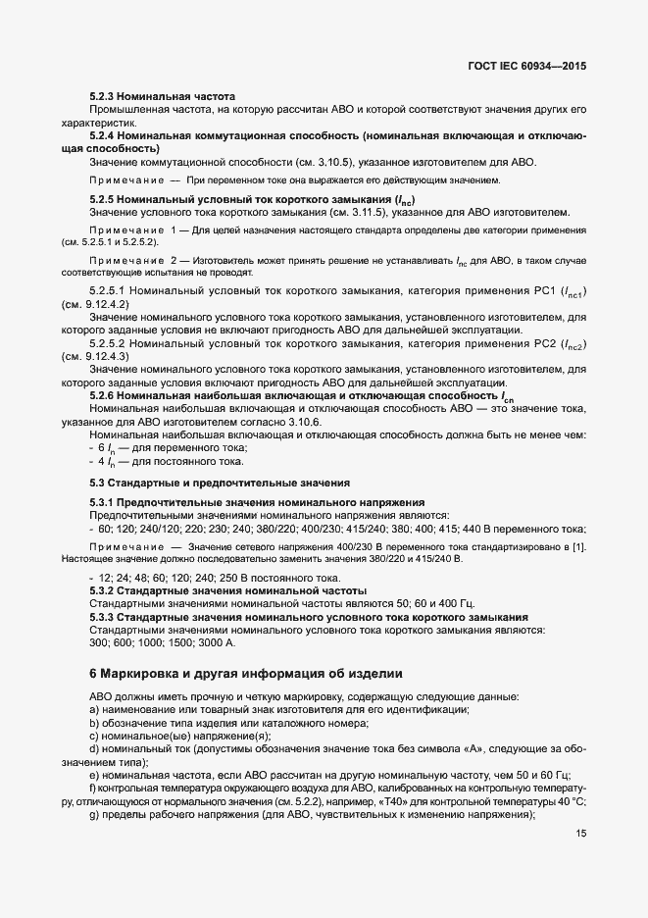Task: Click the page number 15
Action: [581, 833]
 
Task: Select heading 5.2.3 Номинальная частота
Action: [163, 96]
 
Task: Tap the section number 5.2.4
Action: [105, 134]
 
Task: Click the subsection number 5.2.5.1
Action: [107, 291]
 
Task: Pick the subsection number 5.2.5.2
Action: [107, 344]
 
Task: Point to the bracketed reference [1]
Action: [579, 544]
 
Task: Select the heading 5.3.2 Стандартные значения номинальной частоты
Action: [227, 591]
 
